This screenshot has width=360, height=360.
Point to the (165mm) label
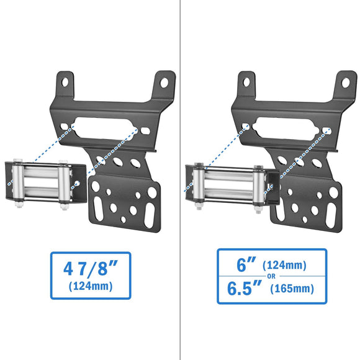click(x=290, y=289)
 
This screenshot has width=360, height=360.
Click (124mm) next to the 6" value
click(x=284, y=266)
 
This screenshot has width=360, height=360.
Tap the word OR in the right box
click(x=272, y=277)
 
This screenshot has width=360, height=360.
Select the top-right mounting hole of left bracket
click(x=164, y=80)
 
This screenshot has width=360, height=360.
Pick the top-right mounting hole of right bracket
click(x=344, y=80)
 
